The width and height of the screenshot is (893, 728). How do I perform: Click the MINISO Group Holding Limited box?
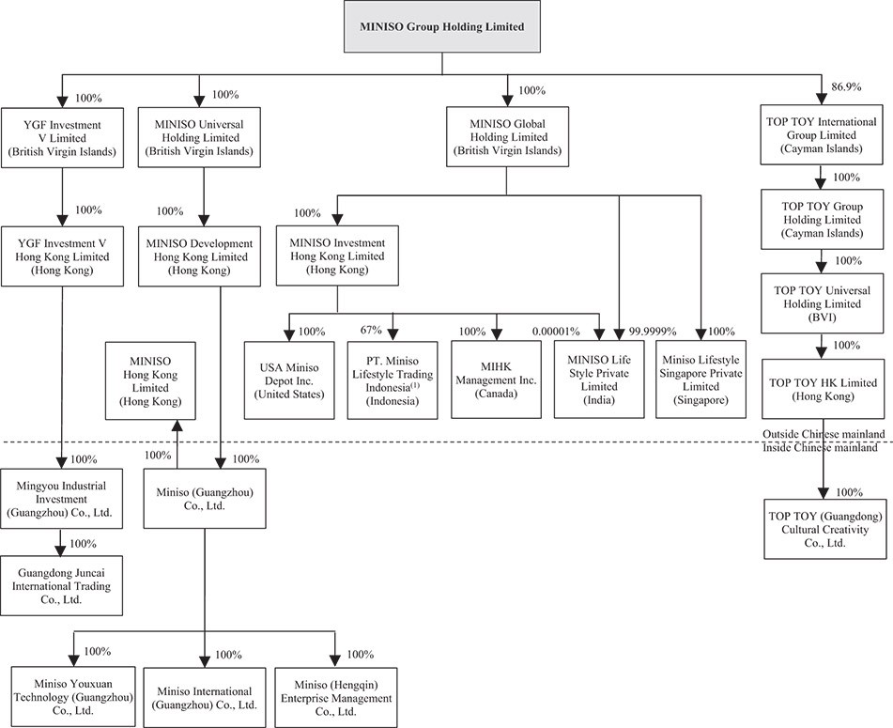442,27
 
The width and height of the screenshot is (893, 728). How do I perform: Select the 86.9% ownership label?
846,86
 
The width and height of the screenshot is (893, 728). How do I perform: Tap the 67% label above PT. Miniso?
371,330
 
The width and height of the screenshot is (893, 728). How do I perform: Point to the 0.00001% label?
556,331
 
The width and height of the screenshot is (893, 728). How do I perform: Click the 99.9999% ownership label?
653,331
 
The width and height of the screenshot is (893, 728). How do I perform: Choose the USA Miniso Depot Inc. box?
289,380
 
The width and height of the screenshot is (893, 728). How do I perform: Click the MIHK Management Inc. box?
496,379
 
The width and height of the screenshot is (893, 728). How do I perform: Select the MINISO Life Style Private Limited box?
599,379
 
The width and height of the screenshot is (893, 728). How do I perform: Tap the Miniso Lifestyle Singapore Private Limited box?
701,379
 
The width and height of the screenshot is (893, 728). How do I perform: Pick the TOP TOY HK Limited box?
823,389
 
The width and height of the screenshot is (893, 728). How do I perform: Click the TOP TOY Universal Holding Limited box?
823,303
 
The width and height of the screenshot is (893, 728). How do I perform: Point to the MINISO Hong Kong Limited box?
150,381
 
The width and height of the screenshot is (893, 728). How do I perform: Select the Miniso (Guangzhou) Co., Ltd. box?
205,499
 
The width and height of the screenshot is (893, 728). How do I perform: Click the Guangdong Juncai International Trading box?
62,585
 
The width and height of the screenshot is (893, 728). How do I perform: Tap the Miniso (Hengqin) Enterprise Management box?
336,698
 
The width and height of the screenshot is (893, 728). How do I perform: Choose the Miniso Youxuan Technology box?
73,697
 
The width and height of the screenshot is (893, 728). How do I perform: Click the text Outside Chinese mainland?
824,434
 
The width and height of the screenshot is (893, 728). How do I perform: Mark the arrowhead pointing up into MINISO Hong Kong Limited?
177,427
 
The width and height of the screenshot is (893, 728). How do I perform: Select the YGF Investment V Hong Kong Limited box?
62,256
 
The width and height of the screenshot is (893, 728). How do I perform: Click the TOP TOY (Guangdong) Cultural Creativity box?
825,529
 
